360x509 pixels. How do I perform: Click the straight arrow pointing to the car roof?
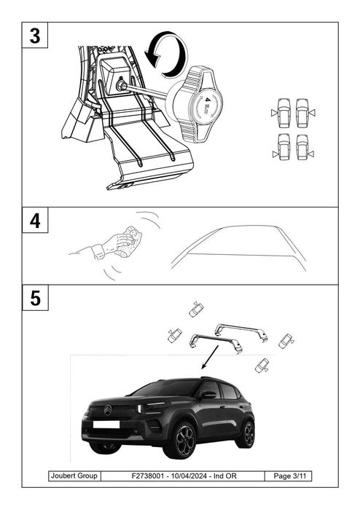pos(212,357)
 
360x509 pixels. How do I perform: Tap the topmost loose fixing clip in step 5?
pos(196,309)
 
